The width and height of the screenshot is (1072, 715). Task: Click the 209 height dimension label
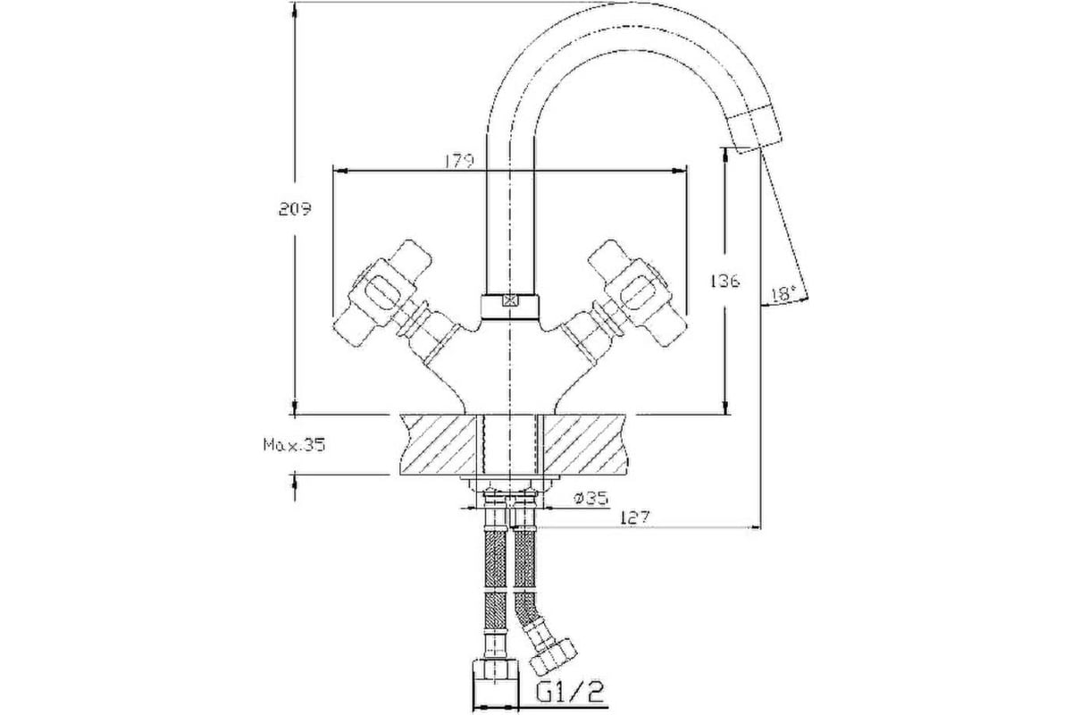pos(295,209)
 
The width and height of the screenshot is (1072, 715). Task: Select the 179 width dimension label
pos(459,161)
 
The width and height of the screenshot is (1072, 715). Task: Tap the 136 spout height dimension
pos(724,281)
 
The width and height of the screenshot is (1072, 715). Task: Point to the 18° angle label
pos(783,293)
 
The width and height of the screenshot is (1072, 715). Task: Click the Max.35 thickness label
pos(294,445)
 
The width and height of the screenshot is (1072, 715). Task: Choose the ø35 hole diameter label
pos(591,499)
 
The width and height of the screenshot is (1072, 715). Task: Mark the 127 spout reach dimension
pos(635,517)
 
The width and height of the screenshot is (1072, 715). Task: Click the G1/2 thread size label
pos(570,692)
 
